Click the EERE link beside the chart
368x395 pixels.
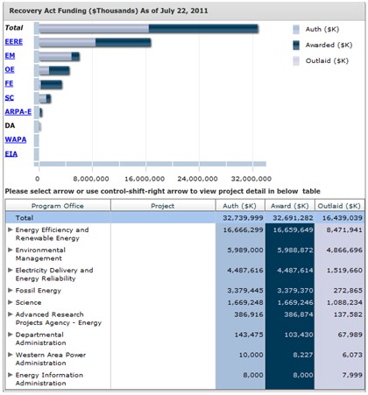[14, 42]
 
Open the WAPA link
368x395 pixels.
[16, 139]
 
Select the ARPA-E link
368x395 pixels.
[18, 111]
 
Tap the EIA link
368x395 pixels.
[11, 154]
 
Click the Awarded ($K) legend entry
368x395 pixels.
[322, 45]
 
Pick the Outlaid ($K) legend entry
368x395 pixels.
[321, 60]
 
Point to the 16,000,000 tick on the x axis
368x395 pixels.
[145, 179]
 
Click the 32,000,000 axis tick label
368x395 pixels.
[251, 179]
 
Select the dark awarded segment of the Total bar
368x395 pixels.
[203, 29]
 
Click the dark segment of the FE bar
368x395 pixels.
[52, 85]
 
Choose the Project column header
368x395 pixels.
[163, 206]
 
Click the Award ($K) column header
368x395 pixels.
[290, 206]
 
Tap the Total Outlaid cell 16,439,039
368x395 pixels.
[343, 218]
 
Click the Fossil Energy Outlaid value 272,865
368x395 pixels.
[348, 291]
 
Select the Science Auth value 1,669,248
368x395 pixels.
[245, 302]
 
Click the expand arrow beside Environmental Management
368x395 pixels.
[11, 250]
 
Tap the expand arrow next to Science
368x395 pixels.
[11, 302]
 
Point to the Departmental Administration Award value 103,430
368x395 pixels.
[299, 335]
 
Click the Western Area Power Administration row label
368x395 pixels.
[51, 359]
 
